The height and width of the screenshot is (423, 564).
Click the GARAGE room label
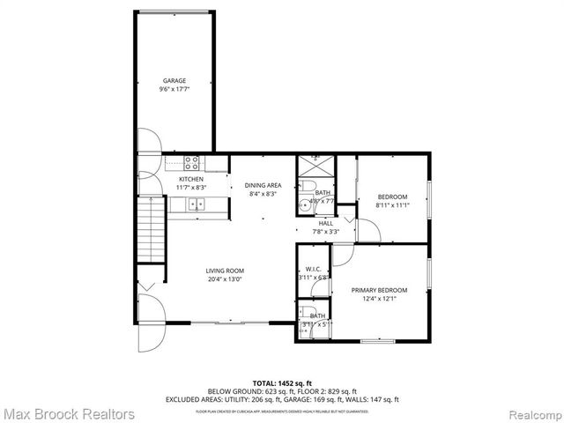point(174,80)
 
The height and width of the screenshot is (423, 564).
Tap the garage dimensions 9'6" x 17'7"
point(174,89)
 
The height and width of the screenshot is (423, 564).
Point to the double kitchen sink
point(195,204)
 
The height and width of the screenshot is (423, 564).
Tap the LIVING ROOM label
point(225,271)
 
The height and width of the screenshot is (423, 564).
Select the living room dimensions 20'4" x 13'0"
point(225,279)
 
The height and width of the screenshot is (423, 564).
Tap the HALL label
point(325,223)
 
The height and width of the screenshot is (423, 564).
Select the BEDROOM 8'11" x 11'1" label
point(392,197)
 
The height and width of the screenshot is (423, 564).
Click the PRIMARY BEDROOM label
point(379,290)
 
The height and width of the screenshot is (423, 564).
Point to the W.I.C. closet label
point(313,269)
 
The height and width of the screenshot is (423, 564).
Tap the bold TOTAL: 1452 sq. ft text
point(281,383)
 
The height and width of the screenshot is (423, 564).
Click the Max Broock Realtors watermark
point(69,412)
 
